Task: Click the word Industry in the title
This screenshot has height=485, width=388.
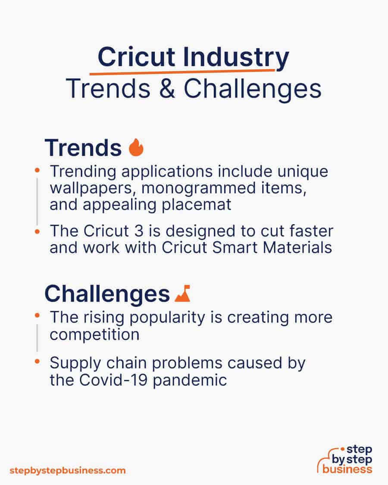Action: click(x=236, y=58)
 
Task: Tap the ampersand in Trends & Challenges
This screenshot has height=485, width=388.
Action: click(x=167, y=89)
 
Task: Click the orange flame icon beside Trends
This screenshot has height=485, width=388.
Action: click(x=136, y=147)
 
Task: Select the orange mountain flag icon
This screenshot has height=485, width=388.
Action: click(x=182, y=293)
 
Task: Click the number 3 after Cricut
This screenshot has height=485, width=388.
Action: click(x=139, y=231)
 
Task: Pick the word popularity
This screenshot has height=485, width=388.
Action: click(x=167, y=318)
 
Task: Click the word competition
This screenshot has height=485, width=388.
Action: click(x=94, y=335)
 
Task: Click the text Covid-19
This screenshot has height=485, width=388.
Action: click(x=113, y=380)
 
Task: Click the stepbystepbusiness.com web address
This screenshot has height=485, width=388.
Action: click(x=67, y=471)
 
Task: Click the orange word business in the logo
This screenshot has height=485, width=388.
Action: click(x=347, y=469)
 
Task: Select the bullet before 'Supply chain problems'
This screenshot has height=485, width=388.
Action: click(x=37, y=361)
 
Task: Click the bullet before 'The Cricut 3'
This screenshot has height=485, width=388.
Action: click(x=37, y=231)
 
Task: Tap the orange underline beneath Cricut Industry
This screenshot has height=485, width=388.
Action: click(x=182, y=72)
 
